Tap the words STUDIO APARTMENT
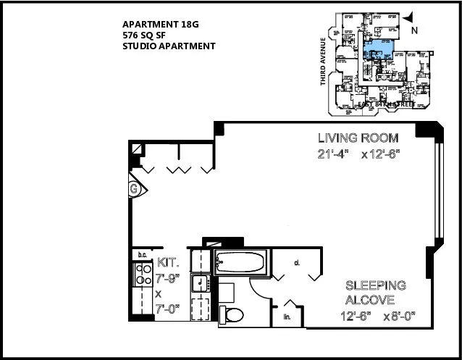click(x=169, y=46)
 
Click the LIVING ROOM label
click(x=358, y=138)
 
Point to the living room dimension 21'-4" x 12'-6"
click(x=358, y=153)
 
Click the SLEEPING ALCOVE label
click(x=375, y=293)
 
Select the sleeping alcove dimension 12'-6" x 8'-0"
click(x=379, y=316)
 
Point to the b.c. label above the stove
click(x=143, y=254)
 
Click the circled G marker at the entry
click(x=134, y=189)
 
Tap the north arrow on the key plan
click(x=408, y=16)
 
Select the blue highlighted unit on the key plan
click(x=378, y=49)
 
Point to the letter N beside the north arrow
click(x=414, y=30)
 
